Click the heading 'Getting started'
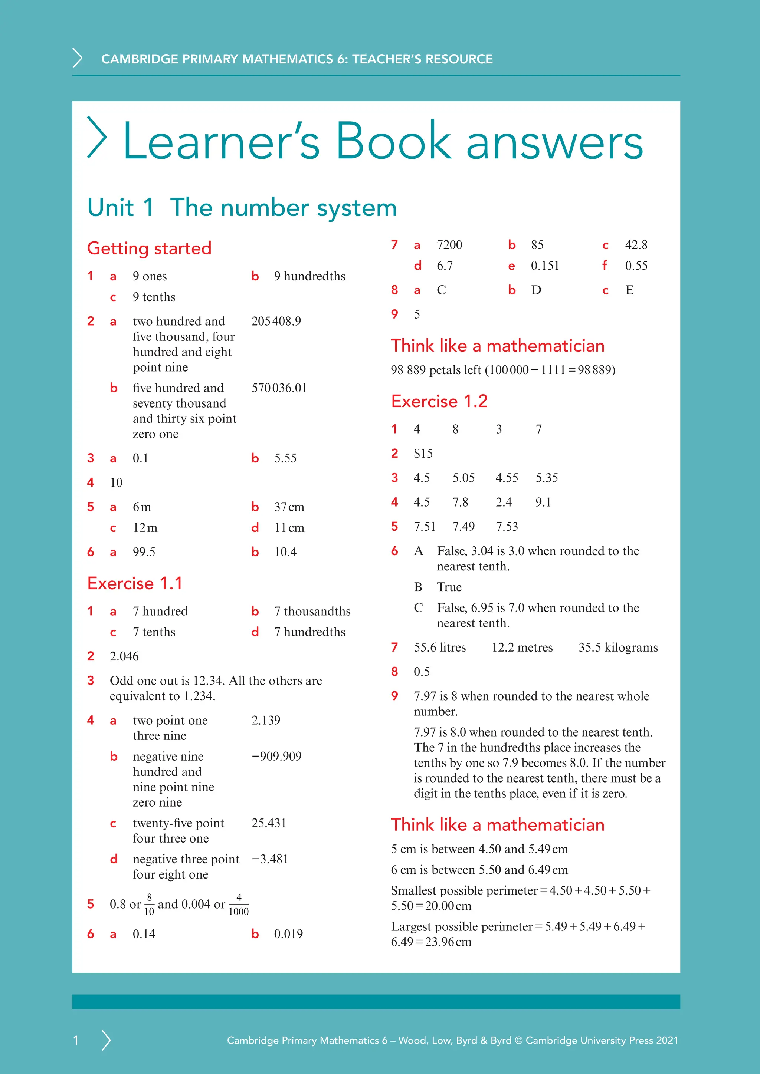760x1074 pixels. (x=149, y=248)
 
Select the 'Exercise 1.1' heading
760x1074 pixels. (x=135, y=583)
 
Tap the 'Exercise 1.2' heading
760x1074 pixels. (x=439, y=401)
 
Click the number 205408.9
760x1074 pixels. (x=276, y=322)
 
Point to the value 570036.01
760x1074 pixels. (x=279, y=388)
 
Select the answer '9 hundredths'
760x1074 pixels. (x=309, y=276)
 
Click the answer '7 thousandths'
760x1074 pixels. (x=312, y=612)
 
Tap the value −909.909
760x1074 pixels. (x=276, y=757)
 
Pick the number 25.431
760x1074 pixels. (x=269, y=823)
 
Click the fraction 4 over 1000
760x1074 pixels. (x=239, y=904)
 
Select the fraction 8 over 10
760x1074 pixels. (x=149, y=904)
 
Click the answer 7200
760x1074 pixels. (x=449, y=245)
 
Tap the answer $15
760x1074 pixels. (x=423, y=454)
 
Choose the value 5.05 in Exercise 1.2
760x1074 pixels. (x=463, y=478)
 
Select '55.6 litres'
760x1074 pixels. (x=439, y=648)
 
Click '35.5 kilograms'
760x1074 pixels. (x=618, y=648)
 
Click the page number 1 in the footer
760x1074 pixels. (x=76, y=1040)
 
